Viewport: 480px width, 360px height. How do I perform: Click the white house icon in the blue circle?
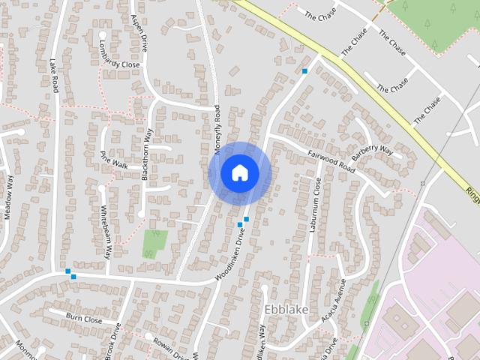coord(239,173)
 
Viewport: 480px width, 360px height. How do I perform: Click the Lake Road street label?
coord(54,76)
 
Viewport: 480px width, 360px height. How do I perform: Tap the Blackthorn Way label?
coord(148,153)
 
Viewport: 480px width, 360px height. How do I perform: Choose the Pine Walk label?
coord(114,160)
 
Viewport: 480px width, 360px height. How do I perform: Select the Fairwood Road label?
coord(331,159)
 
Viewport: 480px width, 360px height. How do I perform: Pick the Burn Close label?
coord(84,319)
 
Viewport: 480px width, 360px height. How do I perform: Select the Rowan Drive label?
coord(169,343)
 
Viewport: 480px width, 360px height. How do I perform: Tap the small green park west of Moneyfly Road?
coord(155,243)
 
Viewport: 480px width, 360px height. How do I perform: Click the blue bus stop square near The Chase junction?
coord(304,71)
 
